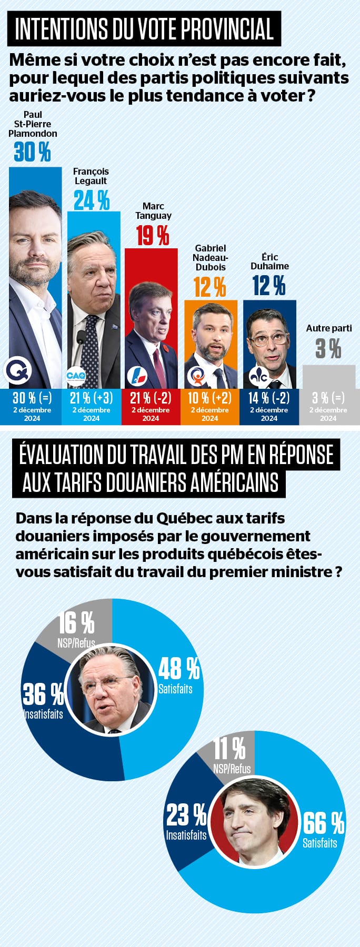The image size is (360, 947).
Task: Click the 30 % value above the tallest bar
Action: click(32, 152)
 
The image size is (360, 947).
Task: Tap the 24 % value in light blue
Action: click(92, 200)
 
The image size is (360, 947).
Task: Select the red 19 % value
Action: click(153, 235)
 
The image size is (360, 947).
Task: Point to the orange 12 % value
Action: click(210, 287)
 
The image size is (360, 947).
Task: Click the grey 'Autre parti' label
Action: click(329, 328)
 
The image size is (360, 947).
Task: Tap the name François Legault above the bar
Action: click(91, 176)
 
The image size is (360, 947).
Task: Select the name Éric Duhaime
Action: click(269, 261)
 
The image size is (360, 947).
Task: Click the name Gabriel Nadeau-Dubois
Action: click(211, 257)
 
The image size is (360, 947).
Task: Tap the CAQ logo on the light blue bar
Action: click(76, 377)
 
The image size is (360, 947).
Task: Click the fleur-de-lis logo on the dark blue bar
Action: click(258, 376)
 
